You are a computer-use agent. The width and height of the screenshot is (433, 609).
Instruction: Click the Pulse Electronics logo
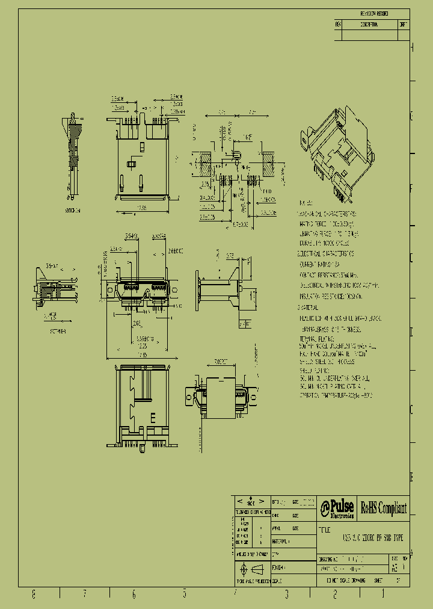point(337,509)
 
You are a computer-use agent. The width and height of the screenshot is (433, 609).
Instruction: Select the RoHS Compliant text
point(384,509)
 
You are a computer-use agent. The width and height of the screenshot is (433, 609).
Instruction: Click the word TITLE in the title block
point(325,529)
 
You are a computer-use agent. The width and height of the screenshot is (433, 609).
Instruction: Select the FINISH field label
point(278,567)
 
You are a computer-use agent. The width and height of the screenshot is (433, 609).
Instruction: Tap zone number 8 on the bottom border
point(34,595)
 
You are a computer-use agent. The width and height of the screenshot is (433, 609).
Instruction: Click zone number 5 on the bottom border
point(185,595)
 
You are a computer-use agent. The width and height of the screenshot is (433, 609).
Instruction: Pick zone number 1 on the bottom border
point(384,595)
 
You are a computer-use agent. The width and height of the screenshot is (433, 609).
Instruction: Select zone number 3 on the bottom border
point(287,595)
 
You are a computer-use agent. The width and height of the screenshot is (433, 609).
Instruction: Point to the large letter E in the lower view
point(153,417)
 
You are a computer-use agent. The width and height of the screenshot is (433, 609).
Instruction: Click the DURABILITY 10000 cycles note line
point(325,244)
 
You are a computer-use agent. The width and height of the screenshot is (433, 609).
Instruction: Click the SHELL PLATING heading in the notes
point(313,372)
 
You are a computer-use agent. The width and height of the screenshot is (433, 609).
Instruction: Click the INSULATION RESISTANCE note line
point(331,297)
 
